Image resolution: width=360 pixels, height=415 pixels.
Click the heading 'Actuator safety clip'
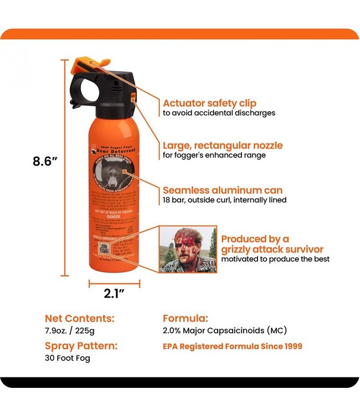(209, 103)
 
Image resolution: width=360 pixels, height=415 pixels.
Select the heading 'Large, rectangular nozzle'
(222, 146)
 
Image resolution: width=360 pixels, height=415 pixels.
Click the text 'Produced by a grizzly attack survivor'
(272, 244)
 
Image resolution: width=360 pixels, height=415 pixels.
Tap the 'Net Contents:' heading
(80, 319)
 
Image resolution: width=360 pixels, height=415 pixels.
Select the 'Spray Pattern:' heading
(81, 346)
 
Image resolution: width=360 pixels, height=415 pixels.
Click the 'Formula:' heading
(186, 319)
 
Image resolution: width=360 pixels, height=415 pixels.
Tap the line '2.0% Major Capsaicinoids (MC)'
(225, 331)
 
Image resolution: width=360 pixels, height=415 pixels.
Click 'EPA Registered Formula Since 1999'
(233, 347)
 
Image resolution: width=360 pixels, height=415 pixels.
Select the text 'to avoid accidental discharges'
(219, 113)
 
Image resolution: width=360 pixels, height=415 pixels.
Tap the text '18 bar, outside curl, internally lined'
(224, 200)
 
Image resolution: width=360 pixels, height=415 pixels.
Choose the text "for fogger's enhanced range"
(214, 155)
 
